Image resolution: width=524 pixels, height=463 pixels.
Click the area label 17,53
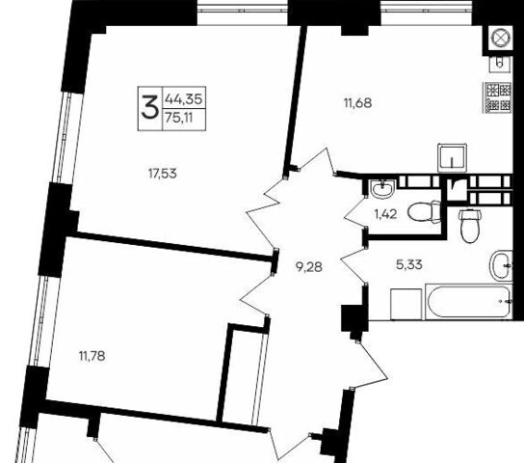[x=163, y=174]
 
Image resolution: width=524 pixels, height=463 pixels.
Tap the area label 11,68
[x=357, y=103]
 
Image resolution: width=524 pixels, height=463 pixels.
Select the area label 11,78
[x=92, y=356]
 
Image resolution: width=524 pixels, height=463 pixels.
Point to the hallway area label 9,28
[x=309, y=267]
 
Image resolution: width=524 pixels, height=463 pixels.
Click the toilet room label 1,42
[x=385, y=214]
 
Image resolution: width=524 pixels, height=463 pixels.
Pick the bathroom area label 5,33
[x=409, y=264]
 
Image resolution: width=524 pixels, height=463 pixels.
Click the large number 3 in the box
[x=149, y=107]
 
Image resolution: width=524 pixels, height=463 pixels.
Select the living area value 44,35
[x=184, y=99]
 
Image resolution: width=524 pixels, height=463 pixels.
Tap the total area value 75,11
[x=179, y=118]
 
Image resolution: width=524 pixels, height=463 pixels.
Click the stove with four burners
[x=498, y=97]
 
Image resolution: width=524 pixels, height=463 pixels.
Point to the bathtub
[x=468, y=302]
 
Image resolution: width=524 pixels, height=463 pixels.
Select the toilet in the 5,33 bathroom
[x=470, y=225]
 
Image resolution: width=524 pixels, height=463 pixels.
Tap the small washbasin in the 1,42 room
[x=383, y=189]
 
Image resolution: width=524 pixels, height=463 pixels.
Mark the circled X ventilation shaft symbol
[x=500, y=37]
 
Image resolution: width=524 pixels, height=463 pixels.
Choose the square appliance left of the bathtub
[x=406, y=305]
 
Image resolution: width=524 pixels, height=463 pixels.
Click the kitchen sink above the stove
[x=500, y=64]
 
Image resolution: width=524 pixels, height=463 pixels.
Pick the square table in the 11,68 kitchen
[x=452, y=158]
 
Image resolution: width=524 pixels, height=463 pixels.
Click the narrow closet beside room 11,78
[x=243, y=374]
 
